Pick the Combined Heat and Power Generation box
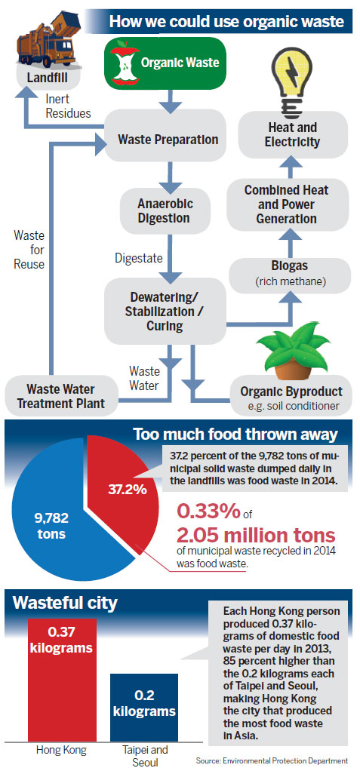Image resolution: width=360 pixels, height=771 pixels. coord(280,204)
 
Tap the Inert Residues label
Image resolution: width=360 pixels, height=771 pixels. coord(68,106)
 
